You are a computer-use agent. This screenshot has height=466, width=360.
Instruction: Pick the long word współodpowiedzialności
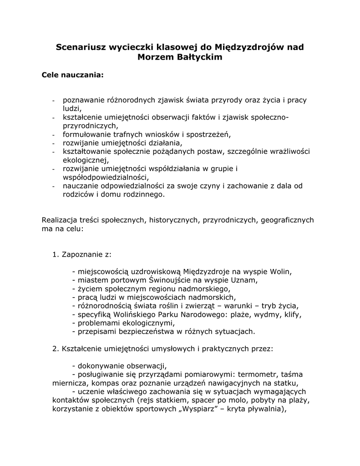point(106,177)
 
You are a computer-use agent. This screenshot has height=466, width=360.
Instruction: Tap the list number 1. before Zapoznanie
point(56,254)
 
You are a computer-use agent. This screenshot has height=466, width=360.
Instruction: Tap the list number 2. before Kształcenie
point(56,349)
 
